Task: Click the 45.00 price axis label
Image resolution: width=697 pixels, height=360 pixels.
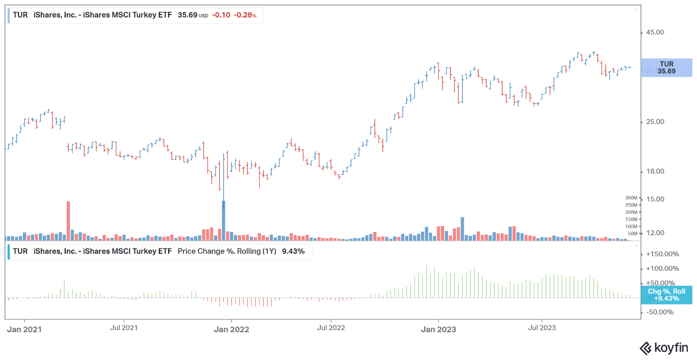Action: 655,32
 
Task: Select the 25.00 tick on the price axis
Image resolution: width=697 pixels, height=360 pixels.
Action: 655,122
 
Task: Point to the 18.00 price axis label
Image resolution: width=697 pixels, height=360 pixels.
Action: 655,171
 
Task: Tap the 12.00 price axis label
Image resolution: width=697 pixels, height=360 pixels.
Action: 655,233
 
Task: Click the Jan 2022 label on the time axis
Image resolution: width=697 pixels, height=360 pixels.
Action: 231,329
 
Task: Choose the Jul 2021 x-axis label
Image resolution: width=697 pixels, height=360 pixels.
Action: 124,328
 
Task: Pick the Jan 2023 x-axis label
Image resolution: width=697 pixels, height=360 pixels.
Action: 438,329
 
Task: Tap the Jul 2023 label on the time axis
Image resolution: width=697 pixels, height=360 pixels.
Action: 542,328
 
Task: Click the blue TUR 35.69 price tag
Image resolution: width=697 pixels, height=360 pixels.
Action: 666,68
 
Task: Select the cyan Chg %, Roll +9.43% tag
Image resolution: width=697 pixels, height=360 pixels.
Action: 666,295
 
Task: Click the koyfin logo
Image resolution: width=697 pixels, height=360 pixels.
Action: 664,348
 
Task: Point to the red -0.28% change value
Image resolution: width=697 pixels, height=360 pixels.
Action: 245,15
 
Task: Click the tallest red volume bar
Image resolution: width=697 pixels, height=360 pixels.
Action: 68,221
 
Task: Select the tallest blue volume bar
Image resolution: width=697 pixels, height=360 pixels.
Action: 224,221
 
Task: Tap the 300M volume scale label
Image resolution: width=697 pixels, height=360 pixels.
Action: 631,198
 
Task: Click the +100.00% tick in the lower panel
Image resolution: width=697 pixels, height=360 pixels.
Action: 662,268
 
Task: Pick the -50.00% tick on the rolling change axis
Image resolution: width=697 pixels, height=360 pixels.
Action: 659,312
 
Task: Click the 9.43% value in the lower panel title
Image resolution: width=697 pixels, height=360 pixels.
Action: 293,251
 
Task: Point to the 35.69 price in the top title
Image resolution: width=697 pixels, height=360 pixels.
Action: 188,15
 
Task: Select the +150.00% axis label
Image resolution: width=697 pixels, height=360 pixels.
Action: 662,254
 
